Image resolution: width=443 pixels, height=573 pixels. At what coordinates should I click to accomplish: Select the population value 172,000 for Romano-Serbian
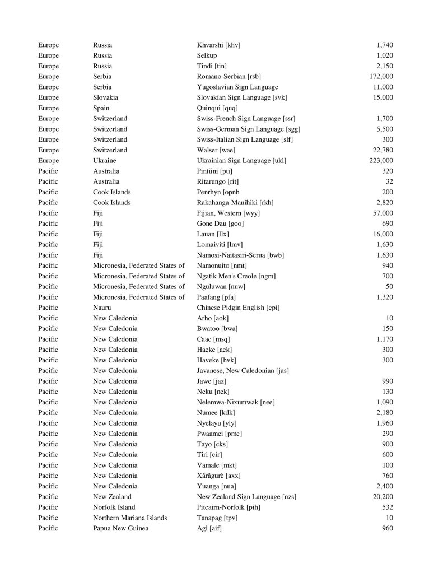point(381,76)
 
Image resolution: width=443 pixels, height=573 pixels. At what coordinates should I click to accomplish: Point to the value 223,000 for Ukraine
point(381,161)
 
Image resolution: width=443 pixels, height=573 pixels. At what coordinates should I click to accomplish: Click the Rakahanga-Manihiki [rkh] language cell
point(235,202)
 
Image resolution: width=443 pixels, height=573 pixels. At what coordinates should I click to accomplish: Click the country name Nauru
point(102,308)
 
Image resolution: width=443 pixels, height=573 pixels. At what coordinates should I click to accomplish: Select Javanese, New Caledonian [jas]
point(242,370)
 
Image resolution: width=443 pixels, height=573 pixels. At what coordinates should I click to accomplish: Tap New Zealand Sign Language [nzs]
point(246,496)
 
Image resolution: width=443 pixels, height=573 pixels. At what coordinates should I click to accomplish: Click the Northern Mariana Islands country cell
point(130,518)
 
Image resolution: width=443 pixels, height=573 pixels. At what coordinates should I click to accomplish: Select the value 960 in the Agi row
point(387,528)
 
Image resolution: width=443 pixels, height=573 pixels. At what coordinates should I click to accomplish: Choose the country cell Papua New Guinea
point(120,528)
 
